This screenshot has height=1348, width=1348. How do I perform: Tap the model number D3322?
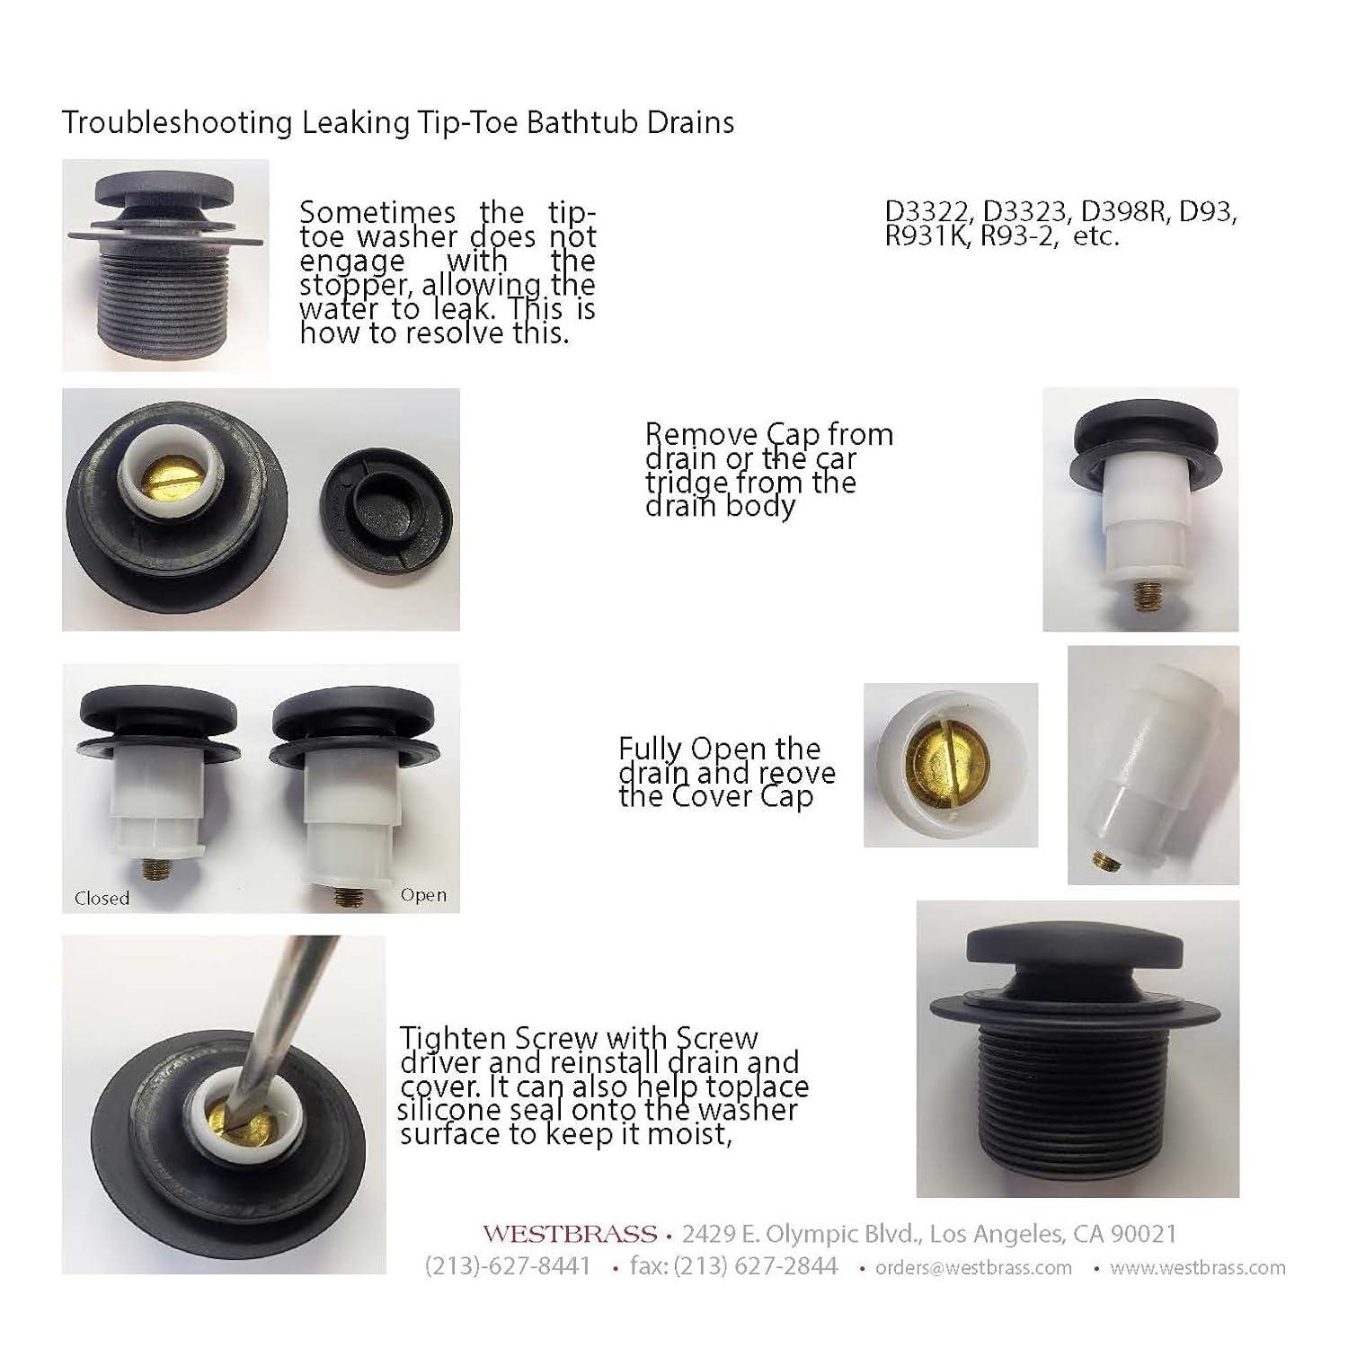pos(929,213)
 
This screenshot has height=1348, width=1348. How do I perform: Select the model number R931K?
pos(929,238)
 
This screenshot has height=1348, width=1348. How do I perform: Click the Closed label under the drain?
pos(102,898)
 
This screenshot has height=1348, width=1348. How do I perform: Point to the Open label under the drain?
pos(423,895)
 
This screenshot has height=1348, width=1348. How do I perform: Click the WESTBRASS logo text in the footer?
pos(569,1234)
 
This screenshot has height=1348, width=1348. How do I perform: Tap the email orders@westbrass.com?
pos(973,1268)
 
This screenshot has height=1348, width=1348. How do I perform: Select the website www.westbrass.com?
pos(1198,1268)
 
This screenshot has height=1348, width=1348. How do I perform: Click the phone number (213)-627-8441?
pos(508,1266)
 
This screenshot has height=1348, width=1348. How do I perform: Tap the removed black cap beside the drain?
pos(386,508)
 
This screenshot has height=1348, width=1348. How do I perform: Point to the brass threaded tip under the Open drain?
pos(344,896)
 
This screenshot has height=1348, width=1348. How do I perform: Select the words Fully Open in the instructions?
pos(680,749)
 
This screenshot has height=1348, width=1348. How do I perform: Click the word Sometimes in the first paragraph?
pos(377,213)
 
